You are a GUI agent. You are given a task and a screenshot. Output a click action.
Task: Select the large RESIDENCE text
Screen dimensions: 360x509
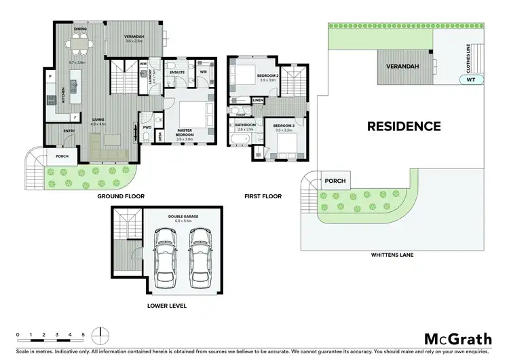pyautogui.click(x=404, y=126)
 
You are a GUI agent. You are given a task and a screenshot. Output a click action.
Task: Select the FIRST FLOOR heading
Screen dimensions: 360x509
pyautogui.click(x=263, y=196)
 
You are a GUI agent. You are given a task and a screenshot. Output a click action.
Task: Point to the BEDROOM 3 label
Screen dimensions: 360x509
pyautogui.click(x=283, y=126)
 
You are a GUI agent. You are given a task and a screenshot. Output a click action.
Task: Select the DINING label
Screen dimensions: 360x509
pyautogui.click(x=81, y=29)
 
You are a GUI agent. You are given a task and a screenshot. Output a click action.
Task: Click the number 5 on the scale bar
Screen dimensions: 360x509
pyautogui.click(x=83, y=335)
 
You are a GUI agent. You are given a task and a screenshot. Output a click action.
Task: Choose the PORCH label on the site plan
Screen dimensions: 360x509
pyautogui.click(x=335, y=181)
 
